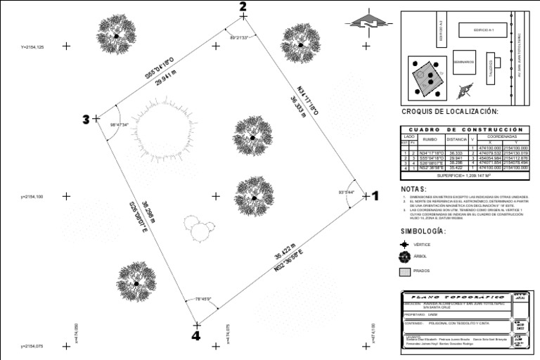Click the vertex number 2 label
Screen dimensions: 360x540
pyautogui.click(x=243, y=7)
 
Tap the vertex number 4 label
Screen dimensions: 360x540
pyautogui.click(x=195, y=336)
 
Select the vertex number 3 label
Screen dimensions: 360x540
pyautogui.click(x=86, y=120)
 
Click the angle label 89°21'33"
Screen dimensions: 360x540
pyautogui.click(x=240, y=38)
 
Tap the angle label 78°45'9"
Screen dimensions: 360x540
pyautogui.click(x=203, y=299)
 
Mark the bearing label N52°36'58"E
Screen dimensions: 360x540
pyautogui.click(x=290, y=260)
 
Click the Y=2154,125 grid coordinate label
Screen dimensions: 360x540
pyautogui.click(x=32, y=46)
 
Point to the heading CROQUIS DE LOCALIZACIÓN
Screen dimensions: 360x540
pyautogui.click(x=449, y=112)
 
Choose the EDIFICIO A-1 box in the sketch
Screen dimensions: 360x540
pyautogui.click(x=484, y=30)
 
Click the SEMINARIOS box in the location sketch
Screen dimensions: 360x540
pyautogui.click(x=464, y=62)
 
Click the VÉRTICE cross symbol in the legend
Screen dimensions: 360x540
pyautogui.click(x=404, y=244)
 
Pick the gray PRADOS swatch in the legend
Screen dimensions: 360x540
pyautogui.click(x=404, y=271)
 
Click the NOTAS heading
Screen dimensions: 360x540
pyautogui.click(x=414, y=189)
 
